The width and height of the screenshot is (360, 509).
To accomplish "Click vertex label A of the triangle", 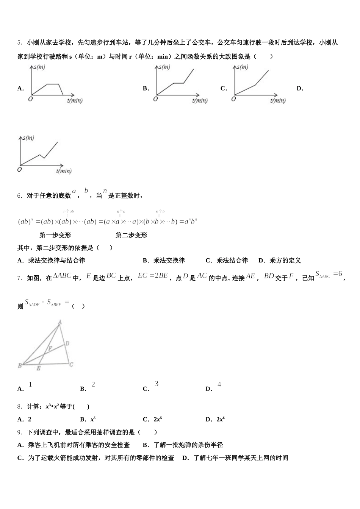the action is tap(60, 322).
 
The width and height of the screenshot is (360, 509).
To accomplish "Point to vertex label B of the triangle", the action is tap(20, 365).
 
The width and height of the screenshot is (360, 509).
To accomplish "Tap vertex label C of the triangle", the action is tap(71, 365).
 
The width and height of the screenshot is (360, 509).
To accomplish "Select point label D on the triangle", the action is tap(67, 343).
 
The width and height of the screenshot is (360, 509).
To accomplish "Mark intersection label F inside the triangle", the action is tap(50, 348).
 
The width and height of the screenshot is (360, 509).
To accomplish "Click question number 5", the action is tap(19, 43).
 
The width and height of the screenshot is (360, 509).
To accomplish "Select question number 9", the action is tap(19, 432).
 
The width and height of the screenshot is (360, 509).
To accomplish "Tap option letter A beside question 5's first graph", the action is tap(20, 89).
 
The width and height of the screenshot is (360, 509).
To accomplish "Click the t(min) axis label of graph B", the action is tap(200, 100).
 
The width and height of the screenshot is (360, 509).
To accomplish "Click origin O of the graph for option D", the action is tap(19, 169).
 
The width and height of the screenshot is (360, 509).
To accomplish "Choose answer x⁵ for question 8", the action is tap(93, 419).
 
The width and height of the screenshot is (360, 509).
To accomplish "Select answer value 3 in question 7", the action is tap(156, 384).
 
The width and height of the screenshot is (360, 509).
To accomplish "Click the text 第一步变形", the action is tap(55, 235).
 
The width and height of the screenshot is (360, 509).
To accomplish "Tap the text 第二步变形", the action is tap(131, 235).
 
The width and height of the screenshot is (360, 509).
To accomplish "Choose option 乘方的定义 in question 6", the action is tap(285, 261).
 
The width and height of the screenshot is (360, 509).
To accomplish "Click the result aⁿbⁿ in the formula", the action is tap(191, 222).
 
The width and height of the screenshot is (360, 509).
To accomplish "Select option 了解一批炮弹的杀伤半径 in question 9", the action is tap(188, 445).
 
